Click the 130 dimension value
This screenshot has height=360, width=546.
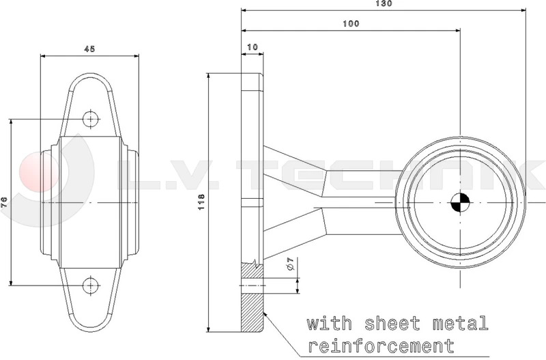[384, 3]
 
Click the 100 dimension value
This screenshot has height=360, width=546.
[351, 23]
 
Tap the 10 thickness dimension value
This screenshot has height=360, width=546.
[253, 46]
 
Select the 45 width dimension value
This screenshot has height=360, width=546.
[89, 49]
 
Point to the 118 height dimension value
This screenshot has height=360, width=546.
[201, 202]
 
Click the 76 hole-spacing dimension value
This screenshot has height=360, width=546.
[4, 202]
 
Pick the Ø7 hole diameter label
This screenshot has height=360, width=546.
[291, 264]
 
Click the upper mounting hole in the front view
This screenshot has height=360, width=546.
[91, 119]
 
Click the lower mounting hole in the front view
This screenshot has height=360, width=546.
[91, 286]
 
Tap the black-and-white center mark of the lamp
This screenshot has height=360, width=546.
[460, 202]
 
